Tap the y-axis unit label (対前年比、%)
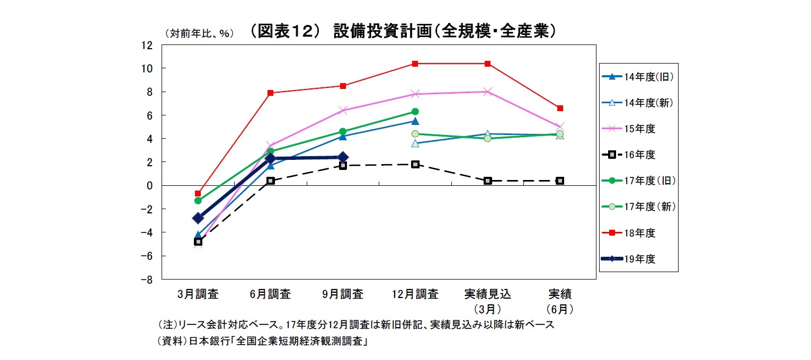(x=200, y=33)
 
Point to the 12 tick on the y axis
(x=146, y=46)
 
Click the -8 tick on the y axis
(x=146, y=280)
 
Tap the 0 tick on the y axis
(x=149, y=185)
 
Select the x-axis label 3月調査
(x=198, y=294)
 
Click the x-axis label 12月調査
(x=415, y=294)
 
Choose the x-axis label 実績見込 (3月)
(x=487, y=301)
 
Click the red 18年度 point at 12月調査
(x=415, y=64)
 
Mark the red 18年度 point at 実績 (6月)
(x=560, y=108)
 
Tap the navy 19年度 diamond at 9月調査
(x=343, y=157)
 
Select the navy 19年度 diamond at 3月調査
(x=198, y=218)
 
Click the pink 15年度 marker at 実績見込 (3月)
(x=487, y=92)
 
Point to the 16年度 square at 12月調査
(x=415, y=164)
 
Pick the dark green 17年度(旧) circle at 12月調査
(x=415, y=112)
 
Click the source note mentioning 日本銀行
(x=263, y=341)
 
